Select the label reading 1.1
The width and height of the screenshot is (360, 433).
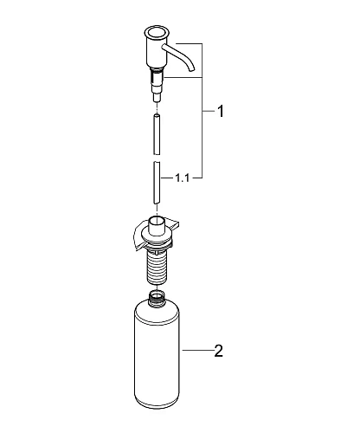pyautogui.click(x=182, y=178)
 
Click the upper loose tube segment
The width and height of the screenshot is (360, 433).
pyautogui.click(x=157, y=130)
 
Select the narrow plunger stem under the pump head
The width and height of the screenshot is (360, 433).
pyautogui.click(x=156, y=86)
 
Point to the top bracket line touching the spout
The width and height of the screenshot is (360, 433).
pyautogui.click(x=187, y=43)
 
